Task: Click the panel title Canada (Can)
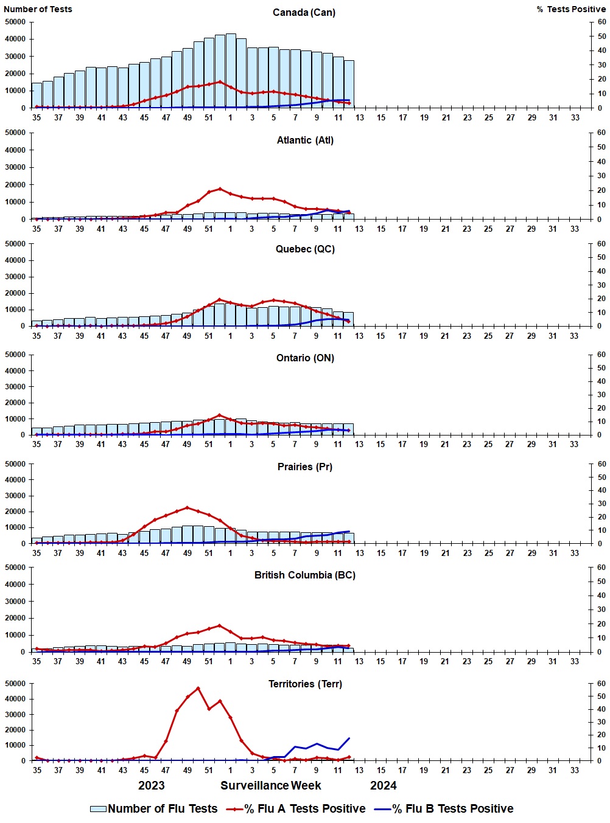[304, 13]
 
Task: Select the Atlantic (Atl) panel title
[305, 141]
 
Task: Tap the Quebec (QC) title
[305, 249]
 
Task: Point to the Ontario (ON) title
[305, 358]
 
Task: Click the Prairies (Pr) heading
[305, 467]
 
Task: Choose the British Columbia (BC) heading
[304, 575]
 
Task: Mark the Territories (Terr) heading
[305, 684]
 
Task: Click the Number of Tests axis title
[38, 9]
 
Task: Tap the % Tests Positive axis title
[570, 9]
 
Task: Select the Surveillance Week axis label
[270, 786]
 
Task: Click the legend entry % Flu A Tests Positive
[304, 809]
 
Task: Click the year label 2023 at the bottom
[151, 786]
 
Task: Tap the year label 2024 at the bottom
[383, 786]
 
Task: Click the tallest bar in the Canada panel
[231, 70]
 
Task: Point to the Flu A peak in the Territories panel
[198, 688]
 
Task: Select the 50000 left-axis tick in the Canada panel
[15, 22]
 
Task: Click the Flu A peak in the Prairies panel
[188, 507]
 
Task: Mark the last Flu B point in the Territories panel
[349, 738]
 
